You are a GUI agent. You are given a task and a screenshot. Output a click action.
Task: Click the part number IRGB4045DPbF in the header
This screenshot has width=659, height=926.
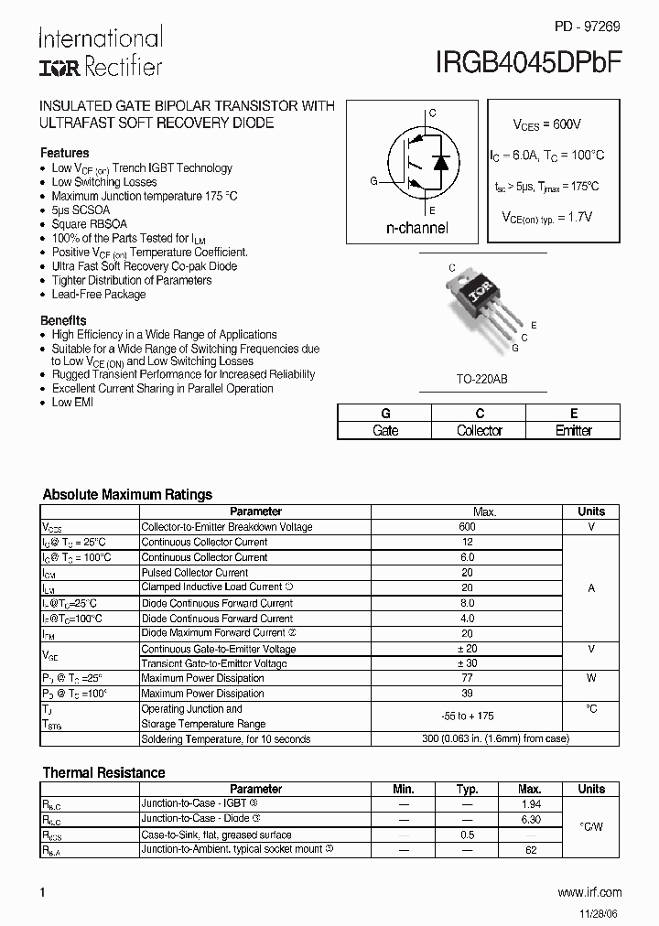coord(531,62)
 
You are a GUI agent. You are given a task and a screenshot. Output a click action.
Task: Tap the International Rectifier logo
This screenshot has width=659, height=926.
coord(101,51)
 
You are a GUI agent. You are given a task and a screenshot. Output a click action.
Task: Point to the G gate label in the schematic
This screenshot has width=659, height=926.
coord(373,181)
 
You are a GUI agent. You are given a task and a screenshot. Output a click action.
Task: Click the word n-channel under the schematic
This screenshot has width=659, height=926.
coord(416,227)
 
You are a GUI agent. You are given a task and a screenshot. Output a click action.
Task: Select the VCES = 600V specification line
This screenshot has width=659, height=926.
coord(546,124)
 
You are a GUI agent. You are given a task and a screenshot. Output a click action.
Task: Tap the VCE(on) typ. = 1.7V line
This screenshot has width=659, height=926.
coord(546,217)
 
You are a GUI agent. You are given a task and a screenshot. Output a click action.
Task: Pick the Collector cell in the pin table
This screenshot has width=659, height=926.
coord(479,430)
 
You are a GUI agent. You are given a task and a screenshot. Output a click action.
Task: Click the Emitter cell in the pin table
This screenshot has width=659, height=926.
coord(574,430)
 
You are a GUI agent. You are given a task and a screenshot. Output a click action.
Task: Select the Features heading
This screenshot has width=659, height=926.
coord(65,153)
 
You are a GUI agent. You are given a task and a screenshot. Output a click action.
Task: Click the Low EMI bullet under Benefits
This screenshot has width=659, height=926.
coord(72,403)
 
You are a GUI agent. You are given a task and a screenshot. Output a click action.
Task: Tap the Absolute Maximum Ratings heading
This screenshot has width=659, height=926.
coord(127,494)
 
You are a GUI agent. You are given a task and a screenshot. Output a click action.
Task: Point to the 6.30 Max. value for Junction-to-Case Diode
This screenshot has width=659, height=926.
coord(529,819)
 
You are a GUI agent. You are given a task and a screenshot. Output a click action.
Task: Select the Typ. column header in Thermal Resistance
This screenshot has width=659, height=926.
coord(468,789)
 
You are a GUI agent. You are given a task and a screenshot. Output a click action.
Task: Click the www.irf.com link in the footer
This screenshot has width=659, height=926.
coord(589,891)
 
